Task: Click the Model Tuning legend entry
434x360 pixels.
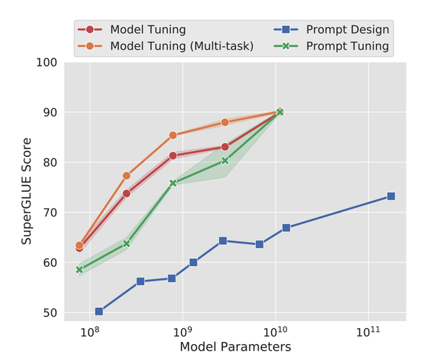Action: [x=148, y=30]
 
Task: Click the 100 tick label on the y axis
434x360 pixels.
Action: [x=47, y=63]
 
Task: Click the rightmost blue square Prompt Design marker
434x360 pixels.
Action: [x=391, y=196]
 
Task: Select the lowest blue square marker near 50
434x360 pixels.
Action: [x=99, y=312]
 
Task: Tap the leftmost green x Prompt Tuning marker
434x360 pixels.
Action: [x=80, y=270]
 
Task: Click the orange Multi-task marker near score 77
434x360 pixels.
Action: [x=127, y=176]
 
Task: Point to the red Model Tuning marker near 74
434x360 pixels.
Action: [x=127, y=193]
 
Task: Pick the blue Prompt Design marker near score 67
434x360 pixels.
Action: [x=286, y=228]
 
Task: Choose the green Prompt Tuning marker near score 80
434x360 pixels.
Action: [x=225, y=160]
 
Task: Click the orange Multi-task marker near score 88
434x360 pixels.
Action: [x=225, y=122]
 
